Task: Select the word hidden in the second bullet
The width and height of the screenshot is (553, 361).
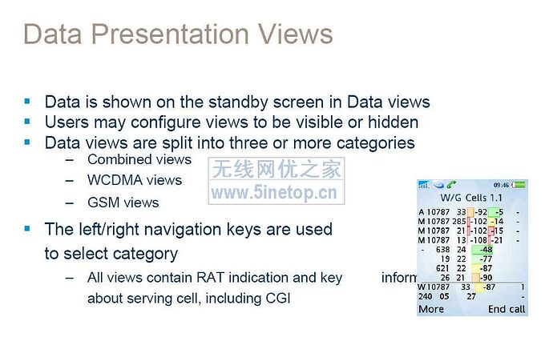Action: pyautogui.click(x=391, y=122)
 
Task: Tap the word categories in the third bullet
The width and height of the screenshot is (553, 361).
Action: pyautogui.click(x=372, y=143)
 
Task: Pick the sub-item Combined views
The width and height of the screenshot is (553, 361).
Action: pyautogui.click(x=139, y=159)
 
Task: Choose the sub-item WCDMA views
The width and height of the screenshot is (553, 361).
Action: pyautogui.click(x=135, y=180)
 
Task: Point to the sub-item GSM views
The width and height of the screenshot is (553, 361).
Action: pyautogui.click(x=123, y=203)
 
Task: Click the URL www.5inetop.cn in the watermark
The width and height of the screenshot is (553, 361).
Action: pyautogui.click(x=273, y=193)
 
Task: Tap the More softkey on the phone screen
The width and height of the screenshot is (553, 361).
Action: pyautogui.click(x=431, y=309)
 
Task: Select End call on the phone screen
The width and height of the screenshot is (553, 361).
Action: pyautogui.click(x=507, y=309)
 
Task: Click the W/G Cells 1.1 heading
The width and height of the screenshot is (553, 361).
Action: pyautogui.click(x=472, y=197)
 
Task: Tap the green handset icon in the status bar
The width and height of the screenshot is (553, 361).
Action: pyautogui.click(x=452, y=185)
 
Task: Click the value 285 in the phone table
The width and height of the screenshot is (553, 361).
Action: pyautogui.click(x=459, y=221)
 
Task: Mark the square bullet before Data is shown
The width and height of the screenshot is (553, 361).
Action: pyautogui.click(x=27, y=102)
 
